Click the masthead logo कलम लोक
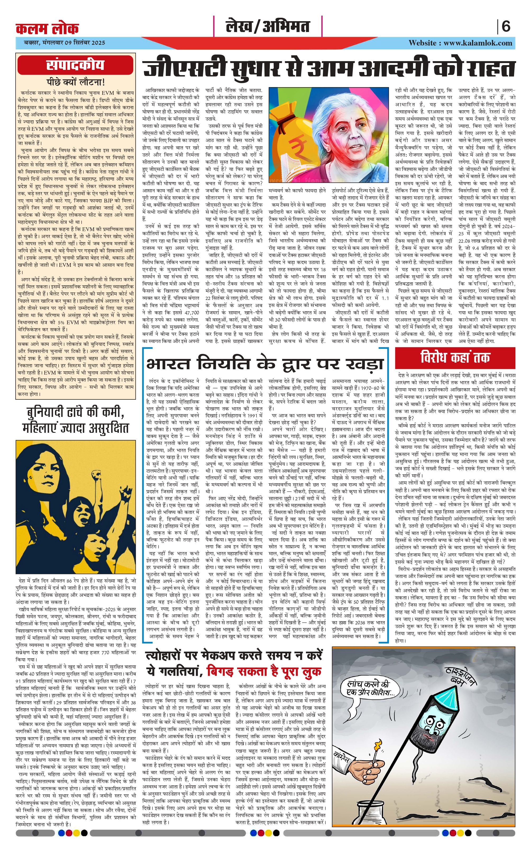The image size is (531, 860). click(x=47, y=28)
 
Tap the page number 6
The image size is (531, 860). click(x=506, y=26)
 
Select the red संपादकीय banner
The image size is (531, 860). click(x=76, y=65)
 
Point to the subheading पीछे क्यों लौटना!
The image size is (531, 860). click(x=76, y=83)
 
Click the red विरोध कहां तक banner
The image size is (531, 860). click(x=455, y=358)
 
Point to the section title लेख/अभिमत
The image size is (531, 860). click(x=268, y=27)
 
